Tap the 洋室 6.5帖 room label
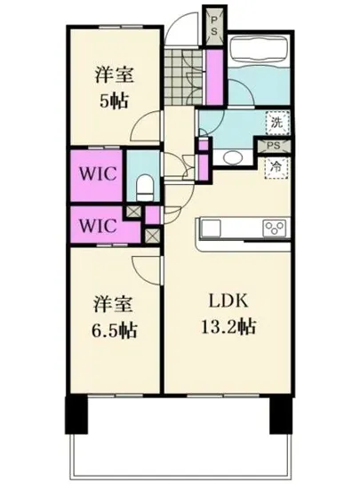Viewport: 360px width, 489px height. [113, 317]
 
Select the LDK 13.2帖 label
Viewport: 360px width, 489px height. [228, 313]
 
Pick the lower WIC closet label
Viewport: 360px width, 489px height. [97, 225]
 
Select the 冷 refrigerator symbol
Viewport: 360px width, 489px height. [277, 165]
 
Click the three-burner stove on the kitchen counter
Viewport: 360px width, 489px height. [274, 228]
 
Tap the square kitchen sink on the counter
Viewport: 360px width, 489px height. [211, 228]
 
